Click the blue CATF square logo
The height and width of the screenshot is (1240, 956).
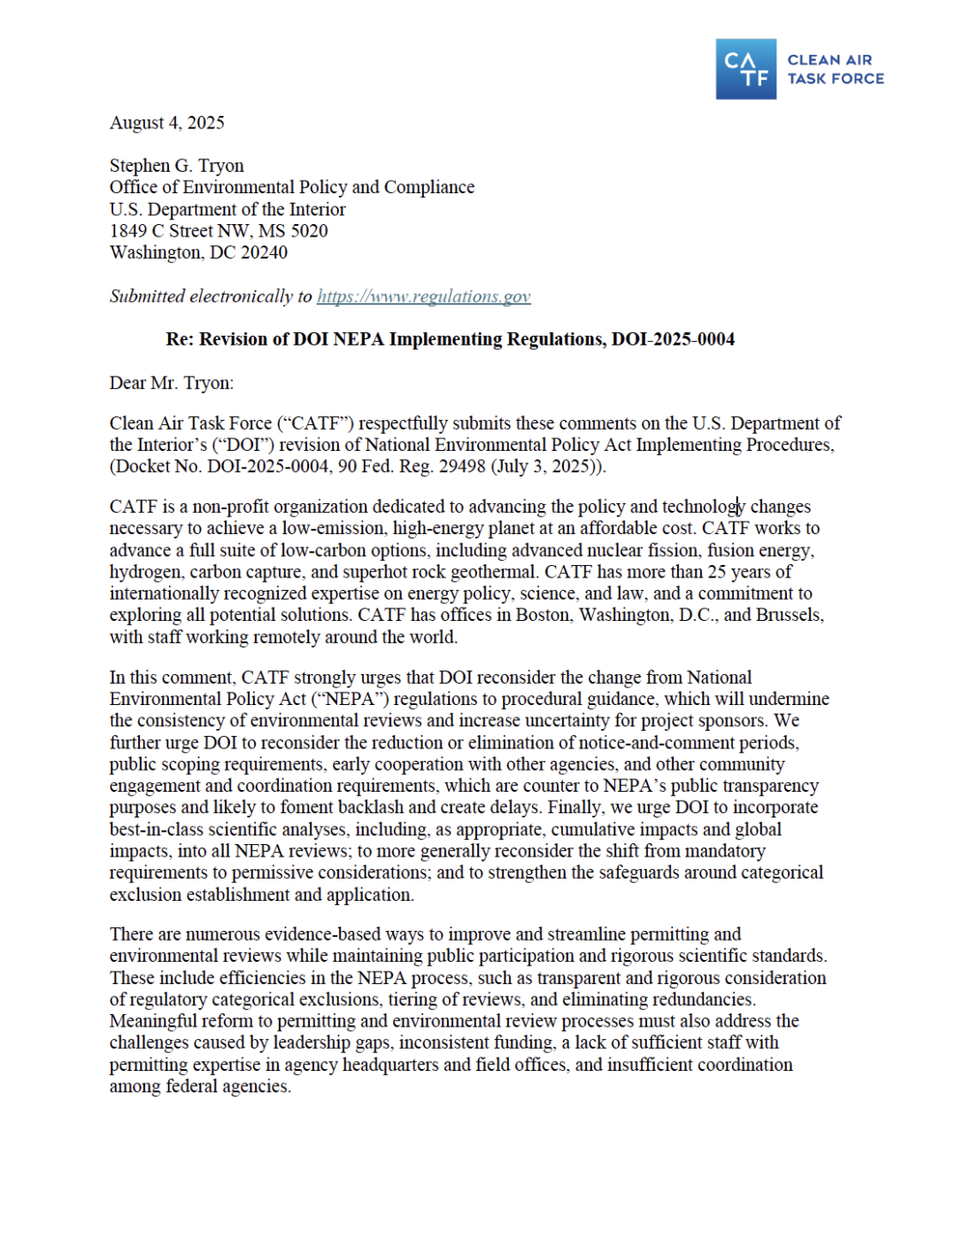[x=745, y=69]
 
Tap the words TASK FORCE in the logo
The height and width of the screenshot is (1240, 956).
[x=836, y=79]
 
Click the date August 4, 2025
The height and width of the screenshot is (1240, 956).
[x=167, y=123]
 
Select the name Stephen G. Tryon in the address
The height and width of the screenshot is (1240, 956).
[x=177, y=166]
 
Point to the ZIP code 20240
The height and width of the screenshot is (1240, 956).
[x=264, y=252]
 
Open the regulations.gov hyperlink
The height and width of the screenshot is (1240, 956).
[x=424, y=297]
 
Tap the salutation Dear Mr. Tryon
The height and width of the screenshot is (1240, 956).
[x=172, y=384]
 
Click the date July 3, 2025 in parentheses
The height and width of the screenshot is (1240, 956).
[x=546, y=467]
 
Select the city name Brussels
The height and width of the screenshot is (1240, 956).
[x=788, y=615]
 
